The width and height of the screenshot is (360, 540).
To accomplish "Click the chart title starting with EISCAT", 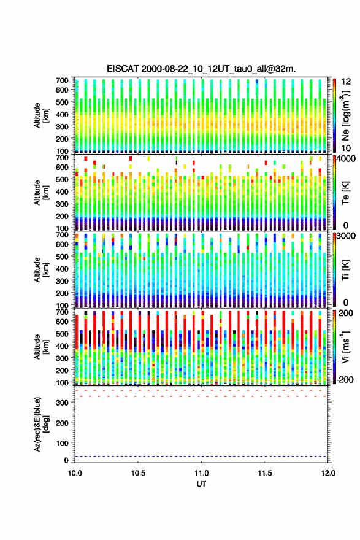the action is (x=201, y=69).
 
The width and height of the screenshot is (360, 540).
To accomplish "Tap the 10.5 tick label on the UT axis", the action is (x=137, y=473).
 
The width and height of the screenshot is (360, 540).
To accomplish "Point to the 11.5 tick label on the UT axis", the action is (x=264, y=473).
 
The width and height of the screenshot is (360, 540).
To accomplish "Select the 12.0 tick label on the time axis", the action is (x=328, y=473).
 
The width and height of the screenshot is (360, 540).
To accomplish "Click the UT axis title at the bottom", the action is (x=201, y=484).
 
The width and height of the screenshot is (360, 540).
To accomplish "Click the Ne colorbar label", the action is (x=345, y=115).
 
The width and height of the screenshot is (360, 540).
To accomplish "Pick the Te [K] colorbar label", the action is (x=345, y=193).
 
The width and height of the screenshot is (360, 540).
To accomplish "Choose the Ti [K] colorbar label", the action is (x=345, y=270).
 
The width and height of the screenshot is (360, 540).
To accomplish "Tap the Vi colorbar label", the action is (x=345, y=347).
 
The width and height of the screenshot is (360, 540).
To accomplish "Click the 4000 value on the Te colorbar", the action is (x=346, y=158).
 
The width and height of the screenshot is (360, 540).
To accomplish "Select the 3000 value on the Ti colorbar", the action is (x=346, y=236).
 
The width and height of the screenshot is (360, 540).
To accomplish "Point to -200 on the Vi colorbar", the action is (x=345, y=379).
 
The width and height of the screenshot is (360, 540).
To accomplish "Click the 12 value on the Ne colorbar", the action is (x=346, y=82).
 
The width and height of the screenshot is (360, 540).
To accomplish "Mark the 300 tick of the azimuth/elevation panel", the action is (x=62, y=403).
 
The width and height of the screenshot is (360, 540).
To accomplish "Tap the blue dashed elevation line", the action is (x=201, y=457).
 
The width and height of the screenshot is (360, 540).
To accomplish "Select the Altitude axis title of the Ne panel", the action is (x=41, y=115).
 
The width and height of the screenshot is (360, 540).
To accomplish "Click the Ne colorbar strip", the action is (x=334, y=115).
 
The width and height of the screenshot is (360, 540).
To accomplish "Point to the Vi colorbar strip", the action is (x=334, y=347).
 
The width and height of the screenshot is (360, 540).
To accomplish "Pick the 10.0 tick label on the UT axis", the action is (x=75, y=473).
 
